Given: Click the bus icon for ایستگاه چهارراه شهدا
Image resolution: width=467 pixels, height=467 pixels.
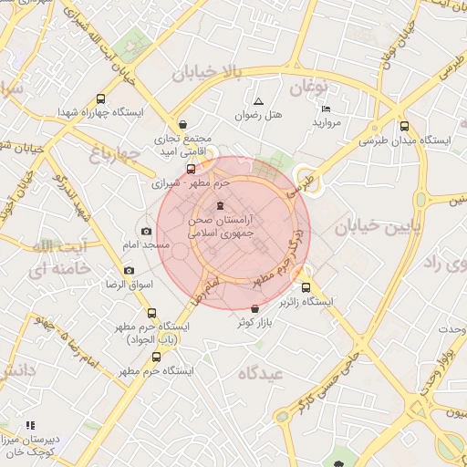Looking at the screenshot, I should pos(99,99).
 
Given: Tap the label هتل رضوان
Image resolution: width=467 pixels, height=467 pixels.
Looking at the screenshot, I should pos(259,116).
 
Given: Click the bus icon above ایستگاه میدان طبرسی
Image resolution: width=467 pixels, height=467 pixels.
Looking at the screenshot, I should pos(404,128).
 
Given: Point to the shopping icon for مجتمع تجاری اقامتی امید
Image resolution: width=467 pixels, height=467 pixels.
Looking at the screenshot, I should pos(183,124).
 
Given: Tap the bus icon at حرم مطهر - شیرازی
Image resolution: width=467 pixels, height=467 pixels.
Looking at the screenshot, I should pos(191,169).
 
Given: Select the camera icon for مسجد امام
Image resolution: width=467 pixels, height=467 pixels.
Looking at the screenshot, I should pos(146,232).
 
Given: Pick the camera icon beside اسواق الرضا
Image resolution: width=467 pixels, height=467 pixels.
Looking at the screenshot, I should pos(129,271).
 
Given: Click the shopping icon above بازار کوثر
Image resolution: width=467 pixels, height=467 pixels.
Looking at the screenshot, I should pos(254,309).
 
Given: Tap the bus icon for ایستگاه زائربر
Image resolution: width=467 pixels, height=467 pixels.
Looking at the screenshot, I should pos(306,271).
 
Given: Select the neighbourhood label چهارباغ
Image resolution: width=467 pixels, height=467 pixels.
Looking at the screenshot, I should pos(117,155).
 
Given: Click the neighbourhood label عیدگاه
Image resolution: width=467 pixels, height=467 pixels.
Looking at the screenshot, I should pos(262,373).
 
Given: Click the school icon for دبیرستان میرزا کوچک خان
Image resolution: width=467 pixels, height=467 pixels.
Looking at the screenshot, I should pos(30,425).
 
